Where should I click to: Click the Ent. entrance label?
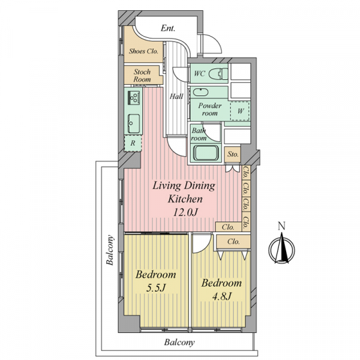pyautogui.click(x=168, y=28)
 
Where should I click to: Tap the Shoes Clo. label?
pyautogui.click(x=143, y=51)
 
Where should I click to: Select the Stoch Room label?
pyautogui.click(x=142, y=76)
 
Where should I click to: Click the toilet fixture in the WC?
pyautogui.click(x=218, y=74)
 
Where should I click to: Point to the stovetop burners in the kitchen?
pyautogui.click(x=134, y=98)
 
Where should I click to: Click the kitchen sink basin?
pyautogui.click(x=134, y=124)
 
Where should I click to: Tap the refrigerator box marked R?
pyautogui.click(x=133, y=143)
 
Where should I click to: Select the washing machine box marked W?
pyautogui.click(x=240, y=111)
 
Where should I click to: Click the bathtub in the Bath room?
pyautogui.click(x=206, y=153)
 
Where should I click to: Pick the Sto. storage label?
pyautogui.click(x=233, y=154)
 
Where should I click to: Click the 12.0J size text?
pyautogui.click(x=185, y=212)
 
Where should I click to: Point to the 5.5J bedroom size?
pyautogui.click(x=156, y=287)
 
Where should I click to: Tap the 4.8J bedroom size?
pyautogui.click(x=221, y=296)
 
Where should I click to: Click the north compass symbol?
pyautogui.click(x=282, y=250)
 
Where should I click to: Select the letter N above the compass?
pyautogui.click(x=282, y=226)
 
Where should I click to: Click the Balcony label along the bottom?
pyautogui.click(x=179, y=343)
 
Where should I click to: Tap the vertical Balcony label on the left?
pyautogui.click(x=110, y=250)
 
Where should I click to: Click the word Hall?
pyautogui.click(x=176, y=96)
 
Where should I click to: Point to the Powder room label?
pyautogui.click(x=210, y=109)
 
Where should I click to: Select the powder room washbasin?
pyautogui.click(x=200, y=92)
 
